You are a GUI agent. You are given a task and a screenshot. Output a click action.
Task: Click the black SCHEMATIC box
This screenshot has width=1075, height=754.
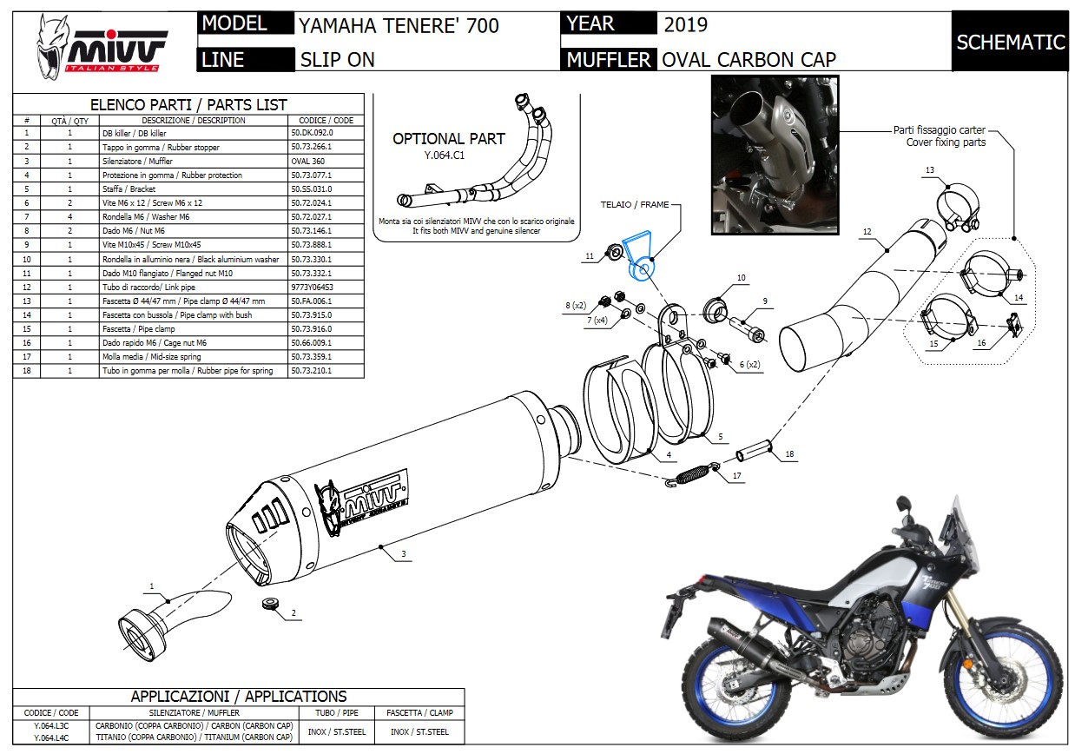pos(1010,42)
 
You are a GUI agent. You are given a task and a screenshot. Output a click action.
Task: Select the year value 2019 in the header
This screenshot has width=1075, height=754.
pos(685,24)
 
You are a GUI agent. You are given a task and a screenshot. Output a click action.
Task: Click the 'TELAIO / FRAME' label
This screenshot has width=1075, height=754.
pos(636,206)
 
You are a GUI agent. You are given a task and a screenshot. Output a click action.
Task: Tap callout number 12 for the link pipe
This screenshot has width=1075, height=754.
pos(867,232)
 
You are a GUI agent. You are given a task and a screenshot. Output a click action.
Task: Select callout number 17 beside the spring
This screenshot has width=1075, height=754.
pos(736,476)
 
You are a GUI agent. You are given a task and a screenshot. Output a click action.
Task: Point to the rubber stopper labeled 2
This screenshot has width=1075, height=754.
pos(271,605)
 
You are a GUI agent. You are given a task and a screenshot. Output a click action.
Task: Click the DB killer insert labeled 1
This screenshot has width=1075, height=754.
pos(174,612)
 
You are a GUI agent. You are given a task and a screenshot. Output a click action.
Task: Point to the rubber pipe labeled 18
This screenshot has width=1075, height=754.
pos(754,453)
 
